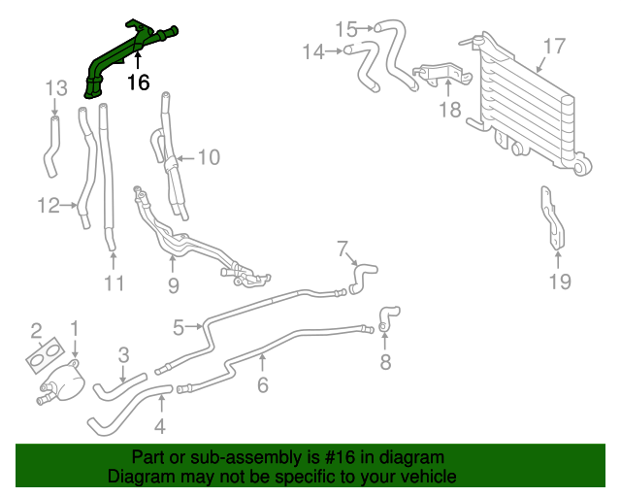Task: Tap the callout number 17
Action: tap(553, 46)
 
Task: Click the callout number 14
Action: tap(312, 51)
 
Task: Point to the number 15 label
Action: tap(346, 28)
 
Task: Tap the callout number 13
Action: tap(56, 89)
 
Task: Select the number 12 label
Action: tap(49, 205)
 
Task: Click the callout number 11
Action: tap(114, 283)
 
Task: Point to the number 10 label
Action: tap(209, 156)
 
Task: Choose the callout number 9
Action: tap(173, 284)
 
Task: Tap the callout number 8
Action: tap(384, 363)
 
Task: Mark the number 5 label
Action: tap(179, 328)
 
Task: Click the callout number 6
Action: tap(262, 385)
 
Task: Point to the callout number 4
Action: tap(159, 424)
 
